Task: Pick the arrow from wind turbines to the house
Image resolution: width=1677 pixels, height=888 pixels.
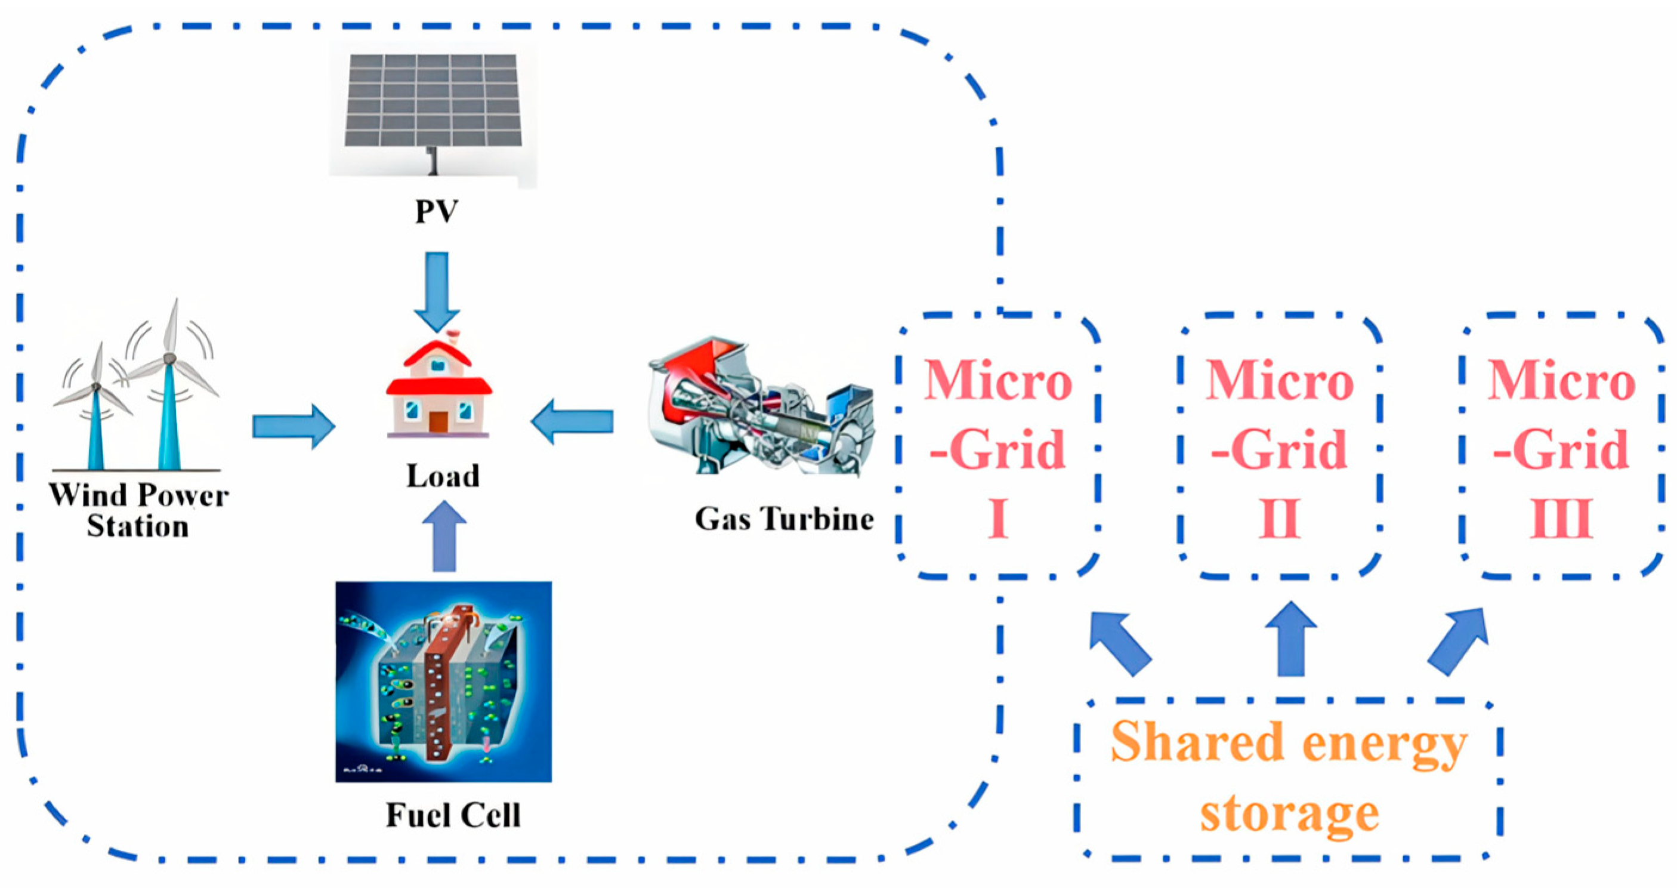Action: tap(293, 427)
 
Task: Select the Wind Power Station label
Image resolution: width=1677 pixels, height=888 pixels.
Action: tap(138, 510)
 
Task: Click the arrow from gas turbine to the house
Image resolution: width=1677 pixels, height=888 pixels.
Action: tap(573, 421)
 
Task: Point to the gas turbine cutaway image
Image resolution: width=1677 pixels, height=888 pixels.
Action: tap(761, 407)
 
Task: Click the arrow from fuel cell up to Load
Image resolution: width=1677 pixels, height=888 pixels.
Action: tap(444, 537)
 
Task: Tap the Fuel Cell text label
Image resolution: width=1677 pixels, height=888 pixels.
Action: tap(453, 815)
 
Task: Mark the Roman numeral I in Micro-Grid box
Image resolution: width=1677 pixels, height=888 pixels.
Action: tap(998, 519)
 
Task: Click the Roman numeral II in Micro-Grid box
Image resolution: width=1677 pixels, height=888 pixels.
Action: tap(1280, 519)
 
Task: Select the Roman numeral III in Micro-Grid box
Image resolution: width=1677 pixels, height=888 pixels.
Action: tap(1561, 519)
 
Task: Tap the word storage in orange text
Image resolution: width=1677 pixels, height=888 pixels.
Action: tap(1289, 814)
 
